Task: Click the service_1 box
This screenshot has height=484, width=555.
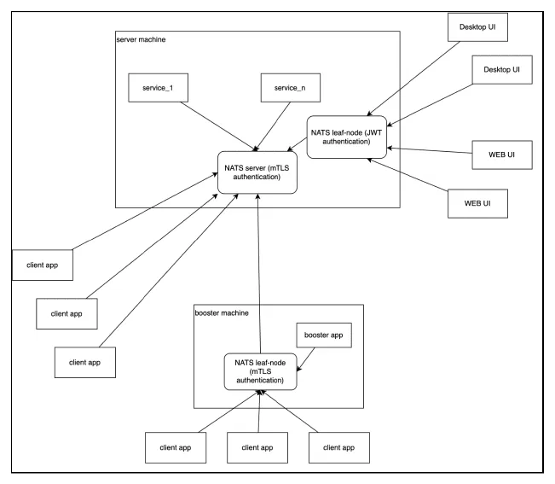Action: pos(158,88)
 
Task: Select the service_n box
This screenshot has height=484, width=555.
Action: pos(290,88)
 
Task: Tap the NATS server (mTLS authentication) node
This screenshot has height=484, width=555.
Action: pos(257,172)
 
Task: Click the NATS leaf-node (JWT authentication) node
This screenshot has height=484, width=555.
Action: pos(346,137)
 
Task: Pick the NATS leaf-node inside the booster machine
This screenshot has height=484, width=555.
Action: pos(261,371)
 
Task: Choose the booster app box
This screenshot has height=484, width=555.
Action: pos(324,335)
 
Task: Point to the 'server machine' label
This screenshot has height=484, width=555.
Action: pos(141,39)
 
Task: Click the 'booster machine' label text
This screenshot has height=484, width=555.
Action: pos(222,313)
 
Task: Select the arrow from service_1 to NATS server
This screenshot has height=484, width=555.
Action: pos(219,126)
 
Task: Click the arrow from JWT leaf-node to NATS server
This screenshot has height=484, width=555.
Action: pos(297,144)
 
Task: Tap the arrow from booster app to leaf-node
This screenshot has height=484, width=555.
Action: pos(305,359)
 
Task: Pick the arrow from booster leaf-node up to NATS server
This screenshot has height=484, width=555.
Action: pos(259,273)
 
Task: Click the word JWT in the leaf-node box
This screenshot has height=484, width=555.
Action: pos(375,132)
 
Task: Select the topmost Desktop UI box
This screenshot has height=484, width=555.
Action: pos(477,27)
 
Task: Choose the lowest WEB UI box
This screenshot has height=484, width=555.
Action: pos(477,203)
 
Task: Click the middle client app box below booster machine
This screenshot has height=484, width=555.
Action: pos(257,447)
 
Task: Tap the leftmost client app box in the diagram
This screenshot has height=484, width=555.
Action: pos(43,265)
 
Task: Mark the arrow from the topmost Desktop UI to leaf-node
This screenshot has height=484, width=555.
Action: pos(413,79)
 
